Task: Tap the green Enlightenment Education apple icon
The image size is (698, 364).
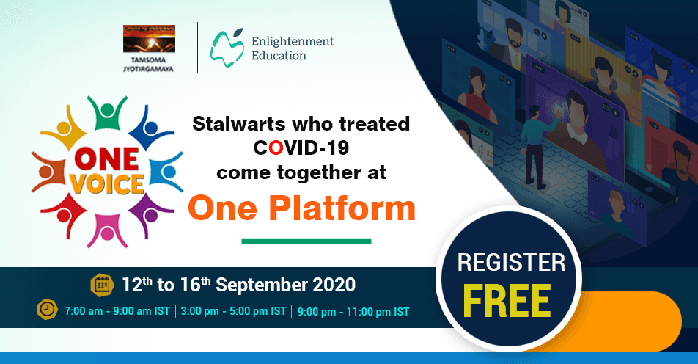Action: (x=227, y=45)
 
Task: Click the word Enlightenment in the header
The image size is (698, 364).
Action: (x=292, y=42)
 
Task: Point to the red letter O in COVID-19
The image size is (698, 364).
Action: (x=276, y=148)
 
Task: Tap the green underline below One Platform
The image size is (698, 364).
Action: (x=306, y=241)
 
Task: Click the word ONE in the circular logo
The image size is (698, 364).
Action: (x=107, y=156)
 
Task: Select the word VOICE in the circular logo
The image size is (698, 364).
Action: (x=107, y=181)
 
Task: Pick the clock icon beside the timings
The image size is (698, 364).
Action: (x=47, y=310)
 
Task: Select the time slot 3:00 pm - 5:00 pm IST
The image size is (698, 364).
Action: (x=234, y=311)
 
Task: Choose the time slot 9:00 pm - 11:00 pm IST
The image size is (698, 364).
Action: (x=353, y=311)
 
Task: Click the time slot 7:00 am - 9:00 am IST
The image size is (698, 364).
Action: (x=118, y=311)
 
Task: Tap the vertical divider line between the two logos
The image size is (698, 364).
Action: (x=198, y=47)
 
